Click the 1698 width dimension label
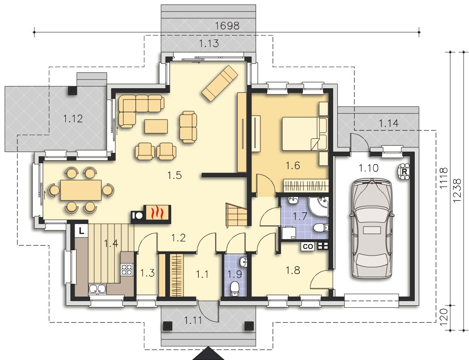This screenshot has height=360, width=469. click(227, 26)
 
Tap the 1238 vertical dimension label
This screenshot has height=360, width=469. click(457, 191)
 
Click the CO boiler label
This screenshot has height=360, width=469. click(308, 246)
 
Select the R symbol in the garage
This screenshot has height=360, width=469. click(404, 172)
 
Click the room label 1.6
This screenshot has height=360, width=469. click(293, 165)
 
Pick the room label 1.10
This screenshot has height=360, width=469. click(368, 168)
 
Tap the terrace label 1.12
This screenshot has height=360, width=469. click(73, 119)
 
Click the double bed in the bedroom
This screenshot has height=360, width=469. click(305, 134)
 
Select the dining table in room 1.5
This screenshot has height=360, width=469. click(81, 190)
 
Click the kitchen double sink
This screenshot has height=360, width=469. click(97, 289)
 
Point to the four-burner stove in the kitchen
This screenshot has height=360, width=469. click(126, 269)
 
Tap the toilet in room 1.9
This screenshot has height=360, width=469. click(235, 288)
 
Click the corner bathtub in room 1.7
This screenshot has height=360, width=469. click(319, 206)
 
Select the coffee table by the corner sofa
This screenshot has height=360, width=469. click(156, 126)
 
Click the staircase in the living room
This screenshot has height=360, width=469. click(236, 215)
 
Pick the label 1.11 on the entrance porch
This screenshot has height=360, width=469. click(193, 321)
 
